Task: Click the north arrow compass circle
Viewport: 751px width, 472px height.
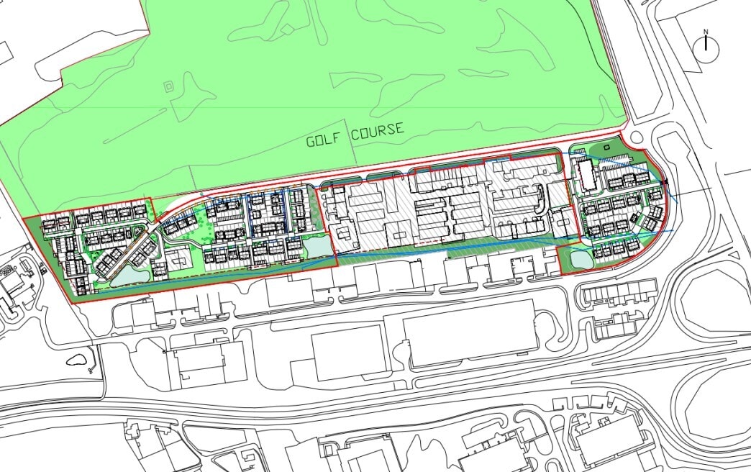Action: click(706, 46)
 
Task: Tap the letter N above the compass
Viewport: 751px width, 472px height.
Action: click(706, 31)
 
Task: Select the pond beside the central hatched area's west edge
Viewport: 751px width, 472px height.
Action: click(317, 247)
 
